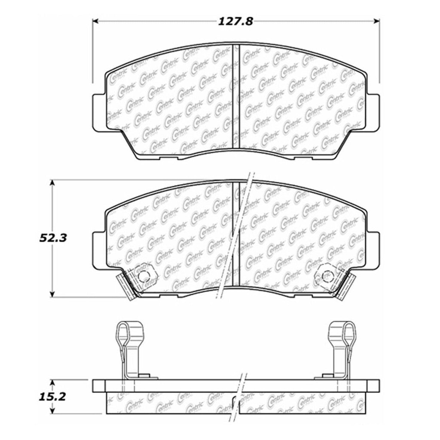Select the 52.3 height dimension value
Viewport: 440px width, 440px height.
(x=52, y=238)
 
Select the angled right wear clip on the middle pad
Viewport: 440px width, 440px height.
(x=346, y=285)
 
